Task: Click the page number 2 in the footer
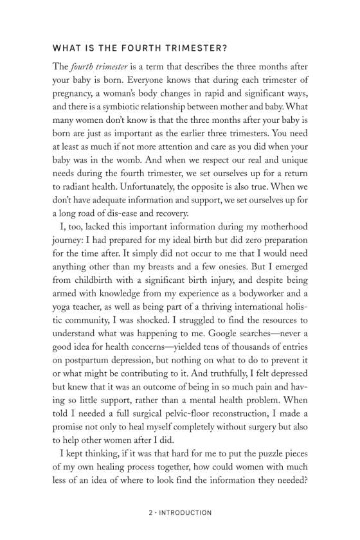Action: tap(149, 512)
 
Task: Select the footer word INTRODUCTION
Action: tap(184, 512)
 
